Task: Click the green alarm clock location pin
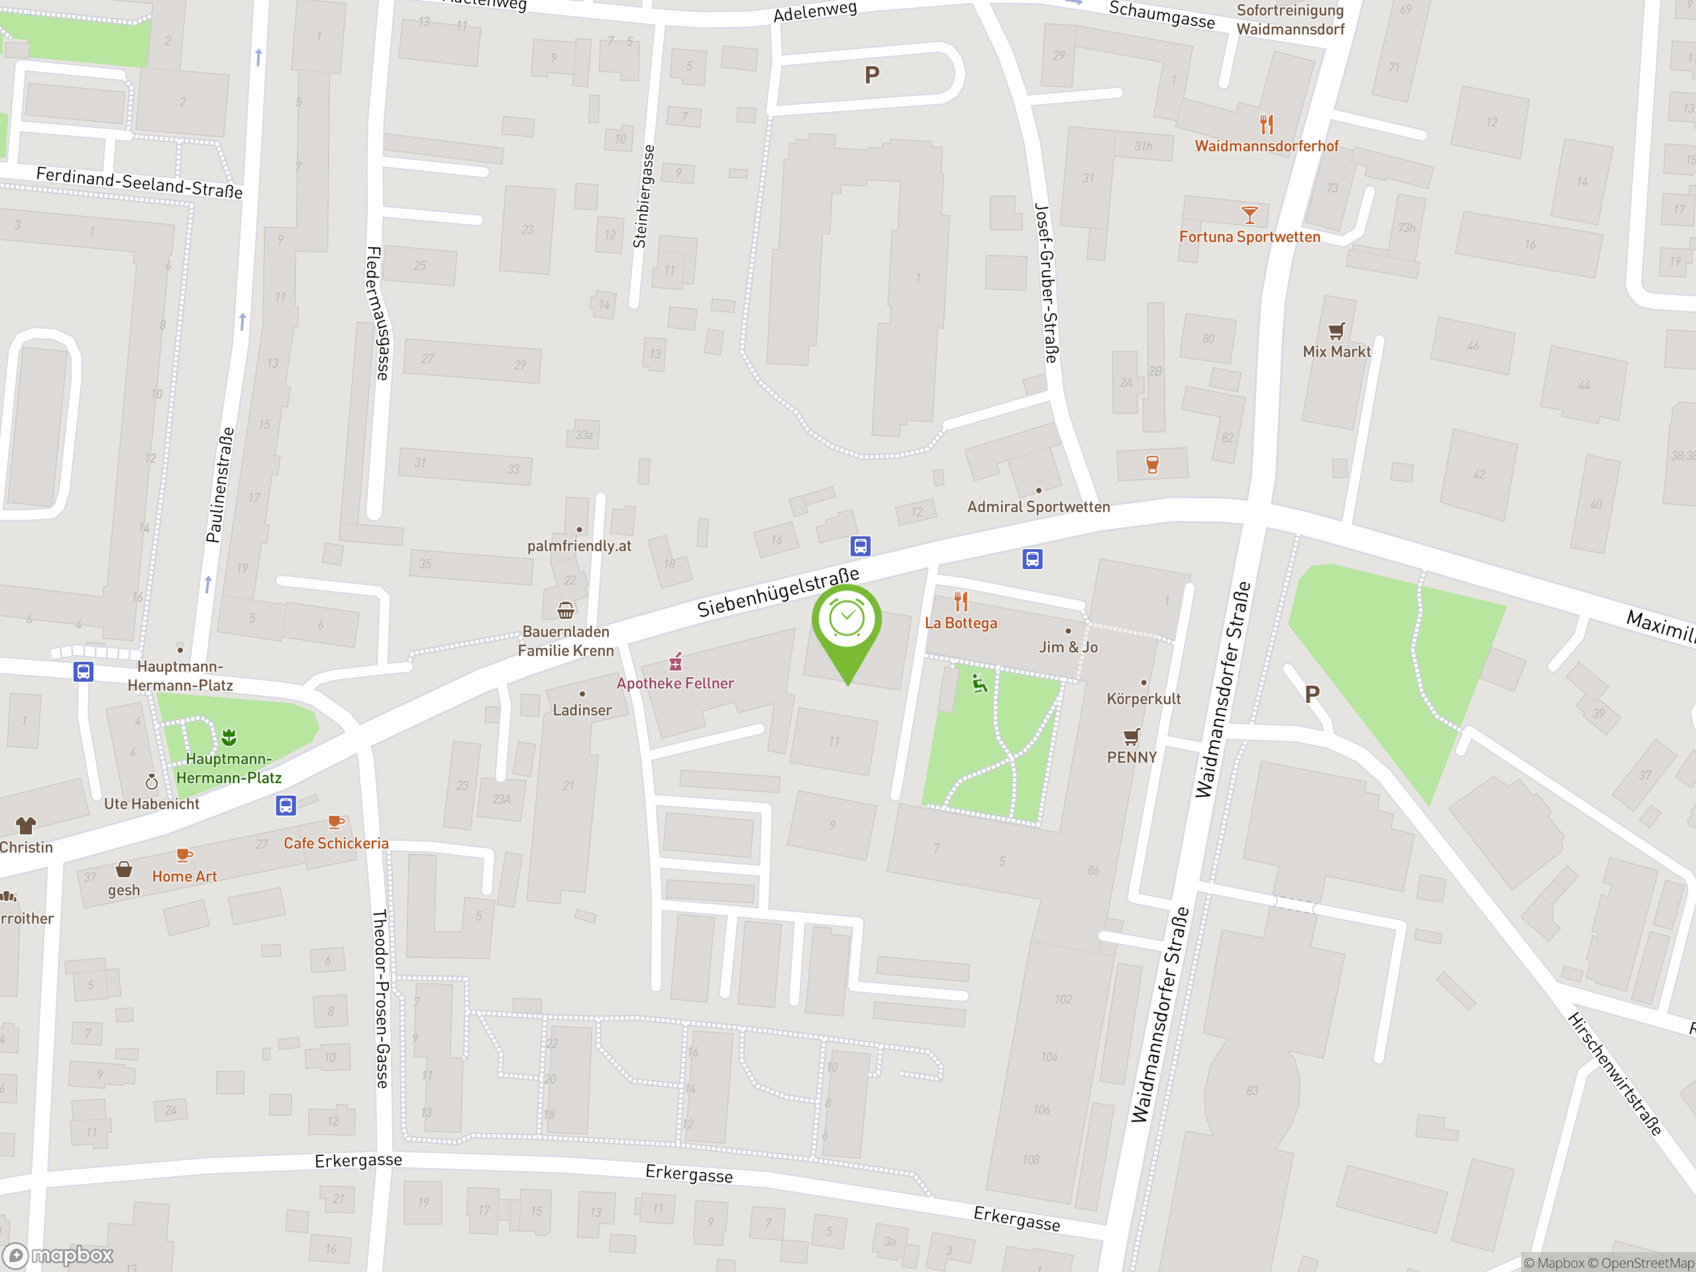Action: pos(847,621)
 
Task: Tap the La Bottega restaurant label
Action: pos(961,623)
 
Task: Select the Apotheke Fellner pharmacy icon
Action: pos(676,661)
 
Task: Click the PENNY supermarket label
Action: pos(1132,757)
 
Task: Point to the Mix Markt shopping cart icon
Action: pos(1336,331)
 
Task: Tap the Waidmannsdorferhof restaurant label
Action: pos(1266,146)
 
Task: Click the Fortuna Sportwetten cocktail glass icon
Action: pos(1249,215)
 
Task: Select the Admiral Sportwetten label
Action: pos(1038,507)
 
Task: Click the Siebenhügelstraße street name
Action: pos(778,592)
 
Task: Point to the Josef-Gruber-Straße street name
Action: pos(1047,283)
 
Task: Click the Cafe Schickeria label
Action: pos(336,843)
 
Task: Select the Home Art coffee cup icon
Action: pos(184,855)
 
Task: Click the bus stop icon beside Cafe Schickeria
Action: pos(286,805)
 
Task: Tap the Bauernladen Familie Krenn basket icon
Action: pos(566,610)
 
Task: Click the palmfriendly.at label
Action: pos(579,546)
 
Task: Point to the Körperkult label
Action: pos(1143,698)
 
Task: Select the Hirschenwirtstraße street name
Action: pos(1615,1073)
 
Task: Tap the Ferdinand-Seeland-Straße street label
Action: pos(140,182)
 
